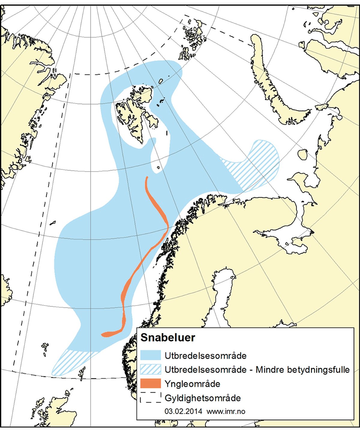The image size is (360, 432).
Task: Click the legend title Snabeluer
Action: tap(168, 338)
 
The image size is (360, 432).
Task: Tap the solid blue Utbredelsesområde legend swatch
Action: tap(151, 355)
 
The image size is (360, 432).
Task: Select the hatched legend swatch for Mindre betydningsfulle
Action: tap(151, 369)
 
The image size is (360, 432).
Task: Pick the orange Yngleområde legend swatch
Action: tap(151, 384)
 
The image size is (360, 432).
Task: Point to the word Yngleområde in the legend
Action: tap(192, 384)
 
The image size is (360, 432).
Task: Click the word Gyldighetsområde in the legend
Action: tap(202, 398)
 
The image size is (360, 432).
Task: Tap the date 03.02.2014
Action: tap(183, 411)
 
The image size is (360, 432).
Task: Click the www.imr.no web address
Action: tap(226, 411)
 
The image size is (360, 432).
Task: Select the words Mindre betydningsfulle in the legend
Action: tap(302, 370)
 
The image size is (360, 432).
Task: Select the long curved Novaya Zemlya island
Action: tap(270, 84)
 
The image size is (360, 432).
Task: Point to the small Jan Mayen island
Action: tap(53, 223)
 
